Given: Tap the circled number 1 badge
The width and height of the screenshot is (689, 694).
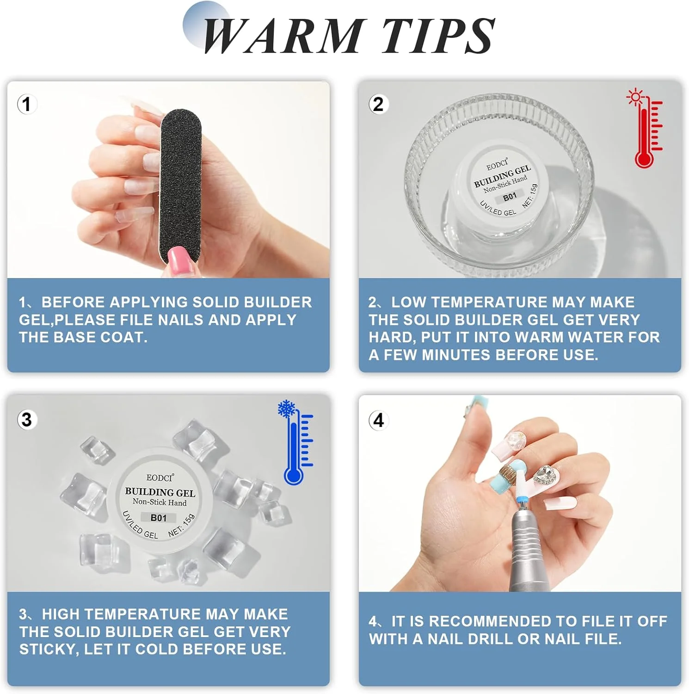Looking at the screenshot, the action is (27, 104).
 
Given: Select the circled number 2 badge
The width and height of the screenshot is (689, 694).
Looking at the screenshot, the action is (378, 104).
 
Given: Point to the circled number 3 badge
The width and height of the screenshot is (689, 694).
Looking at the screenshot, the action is (27, 420).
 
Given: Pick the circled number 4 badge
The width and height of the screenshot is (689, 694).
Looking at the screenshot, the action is (378, 421).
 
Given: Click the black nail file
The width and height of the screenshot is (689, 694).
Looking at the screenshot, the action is (180, 185).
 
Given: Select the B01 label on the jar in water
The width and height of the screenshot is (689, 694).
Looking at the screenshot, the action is (510, 197).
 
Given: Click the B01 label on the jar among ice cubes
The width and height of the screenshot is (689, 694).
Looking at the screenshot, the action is (159, 518).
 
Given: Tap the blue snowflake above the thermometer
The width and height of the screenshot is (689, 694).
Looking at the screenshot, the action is (287, 409).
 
